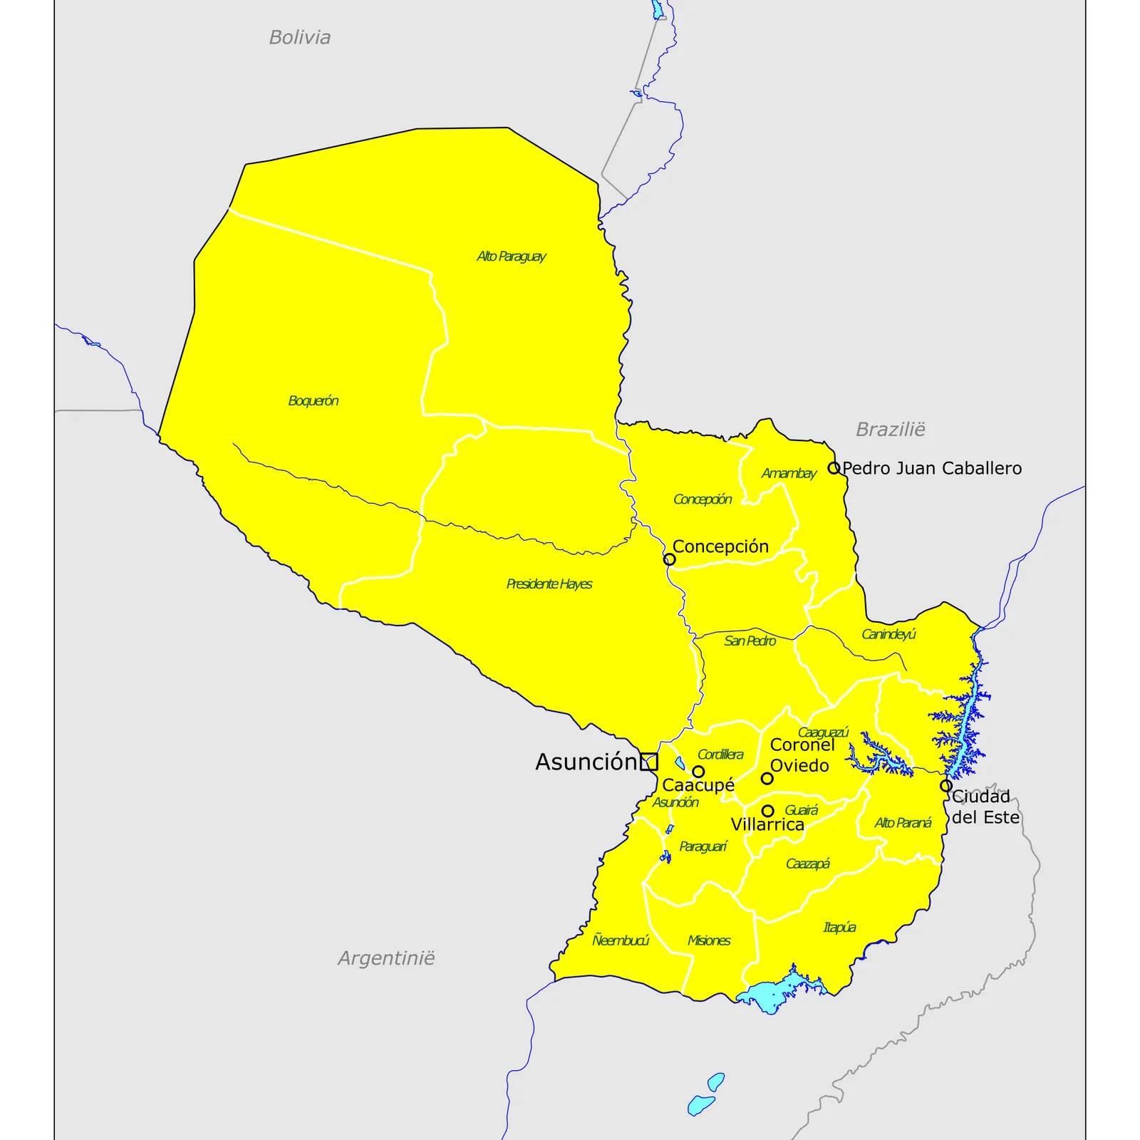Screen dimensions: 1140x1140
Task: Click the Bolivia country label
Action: point(299,38)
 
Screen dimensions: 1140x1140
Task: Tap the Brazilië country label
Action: point(890,430)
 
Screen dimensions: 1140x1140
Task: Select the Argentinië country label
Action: point(386,958)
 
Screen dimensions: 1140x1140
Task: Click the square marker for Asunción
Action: point(648,762)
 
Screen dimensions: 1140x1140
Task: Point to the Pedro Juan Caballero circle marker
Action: point(834,468)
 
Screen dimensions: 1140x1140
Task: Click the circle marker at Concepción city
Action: point(669,559)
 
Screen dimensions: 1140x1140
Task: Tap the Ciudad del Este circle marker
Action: point(945,786)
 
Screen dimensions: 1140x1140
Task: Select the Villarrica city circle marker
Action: point(767,811)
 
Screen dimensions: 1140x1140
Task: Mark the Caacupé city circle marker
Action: point(698,772)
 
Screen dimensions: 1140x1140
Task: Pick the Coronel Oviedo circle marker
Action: point(767,778)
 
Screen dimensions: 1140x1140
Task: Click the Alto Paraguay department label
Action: point(511,256)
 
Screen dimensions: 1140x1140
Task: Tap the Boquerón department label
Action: point(313,401)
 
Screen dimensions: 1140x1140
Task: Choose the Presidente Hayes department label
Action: point(549,584)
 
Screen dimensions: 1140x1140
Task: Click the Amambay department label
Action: point(788,474)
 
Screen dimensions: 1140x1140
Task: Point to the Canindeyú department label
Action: point(888,634)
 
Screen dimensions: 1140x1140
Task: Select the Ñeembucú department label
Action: point(620,940)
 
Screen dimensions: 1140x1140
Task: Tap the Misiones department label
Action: point(708,940)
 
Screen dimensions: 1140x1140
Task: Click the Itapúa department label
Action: point(839,928)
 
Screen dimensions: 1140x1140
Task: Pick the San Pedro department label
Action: point(750,641)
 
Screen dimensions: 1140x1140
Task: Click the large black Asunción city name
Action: point(585,762)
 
